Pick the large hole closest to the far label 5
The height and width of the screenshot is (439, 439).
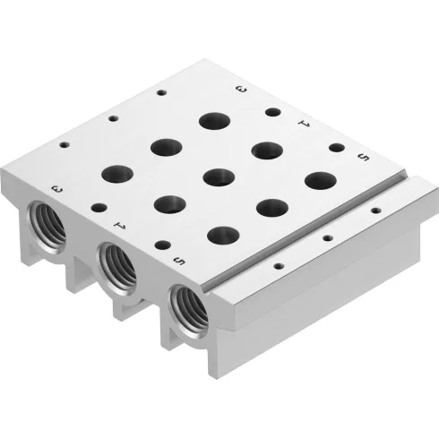pos(317,179)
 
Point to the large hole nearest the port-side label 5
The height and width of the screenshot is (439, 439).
pos(218,236)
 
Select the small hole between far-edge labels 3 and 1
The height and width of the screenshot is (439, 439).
pos(271,113)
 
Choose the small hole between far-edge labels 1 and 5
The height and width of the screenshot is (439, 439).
pos(335,147)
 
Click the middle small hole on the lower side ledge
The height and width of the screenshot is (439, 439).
pos(327,239)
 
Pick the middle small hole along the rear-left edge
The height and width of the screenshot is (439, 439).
pos(113,117)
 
